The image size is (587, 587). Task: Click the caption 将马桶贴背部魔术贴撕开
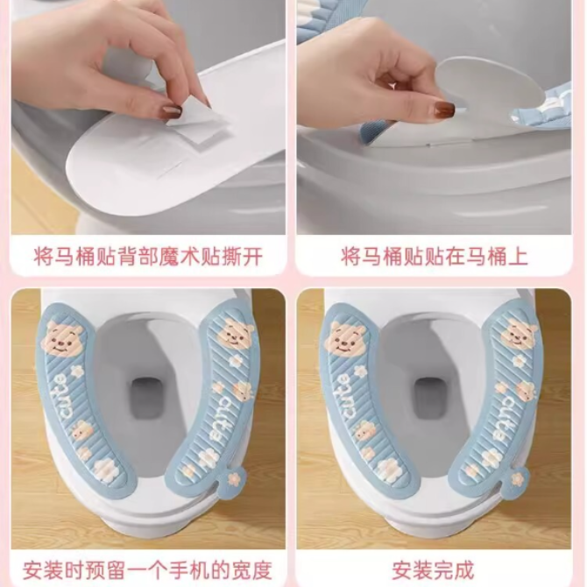(x=148, y=257)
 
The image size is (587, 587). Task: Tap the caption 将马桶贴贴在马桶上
(x=435, y=257)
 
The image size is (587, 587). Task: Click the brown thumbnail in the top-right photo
(x=445, y=108)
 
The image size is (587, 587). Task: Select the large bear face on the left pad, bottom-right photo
(x=345, y=340)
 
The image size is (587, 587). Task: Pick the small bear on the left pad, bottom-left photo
(x=81, y=430)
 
